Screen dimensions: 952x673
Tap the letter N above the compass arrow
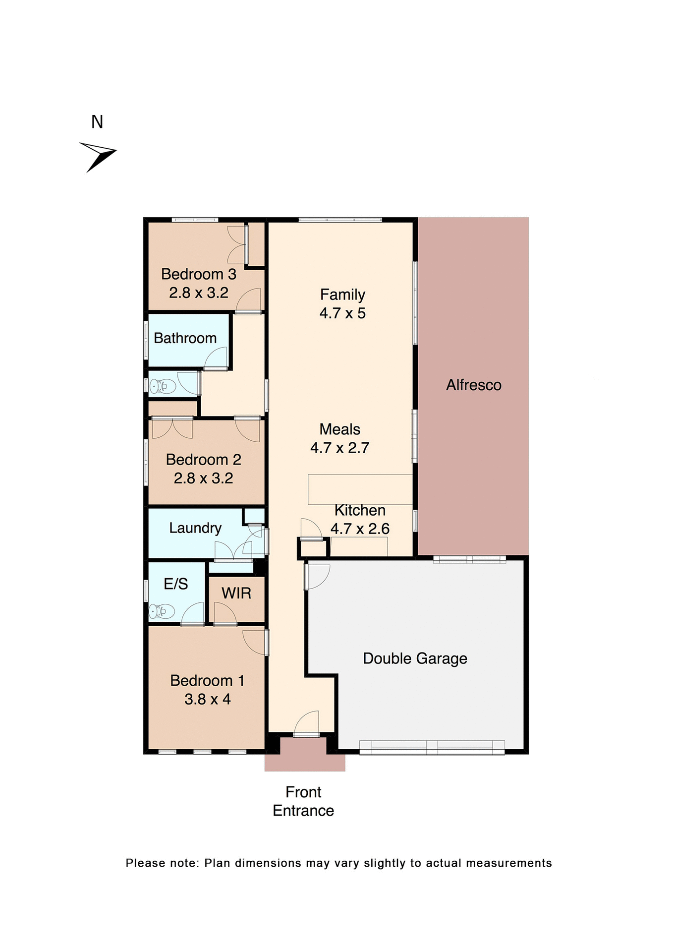[97, 122]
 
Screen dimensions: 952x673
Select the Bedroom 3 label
[198, 274]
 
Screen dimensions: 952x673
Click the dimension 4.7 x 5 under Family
[342, 313]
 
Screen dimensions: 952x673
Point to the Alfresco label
[473, 385]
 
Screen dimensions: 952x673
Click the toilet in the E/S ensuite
[162, 611]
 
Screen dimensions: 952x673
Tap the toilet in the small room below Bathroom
[163, 386]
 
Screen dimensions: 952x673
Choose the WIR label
[236, 593]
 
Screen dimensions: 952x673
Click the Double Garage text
[415, 658]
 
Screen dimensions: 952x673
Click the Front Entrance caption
[303, 801]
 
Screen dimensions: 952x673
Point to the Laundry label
[195, 528]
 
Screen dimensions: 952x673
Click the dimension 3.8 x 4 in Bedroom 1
[207, 699]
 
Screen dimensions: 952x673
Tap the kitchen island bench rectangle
[360, 489]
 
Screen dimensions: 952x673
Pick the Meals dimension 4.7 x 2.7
[340, 448]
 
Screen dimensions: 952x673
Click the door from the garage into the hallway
[315, 576]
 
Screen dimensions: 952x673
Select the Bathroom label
[185, 338]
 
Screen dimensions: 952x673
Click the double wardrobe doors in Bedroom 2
[172, 428]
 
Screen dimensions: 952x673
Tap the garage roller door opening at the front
[432, 747]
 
